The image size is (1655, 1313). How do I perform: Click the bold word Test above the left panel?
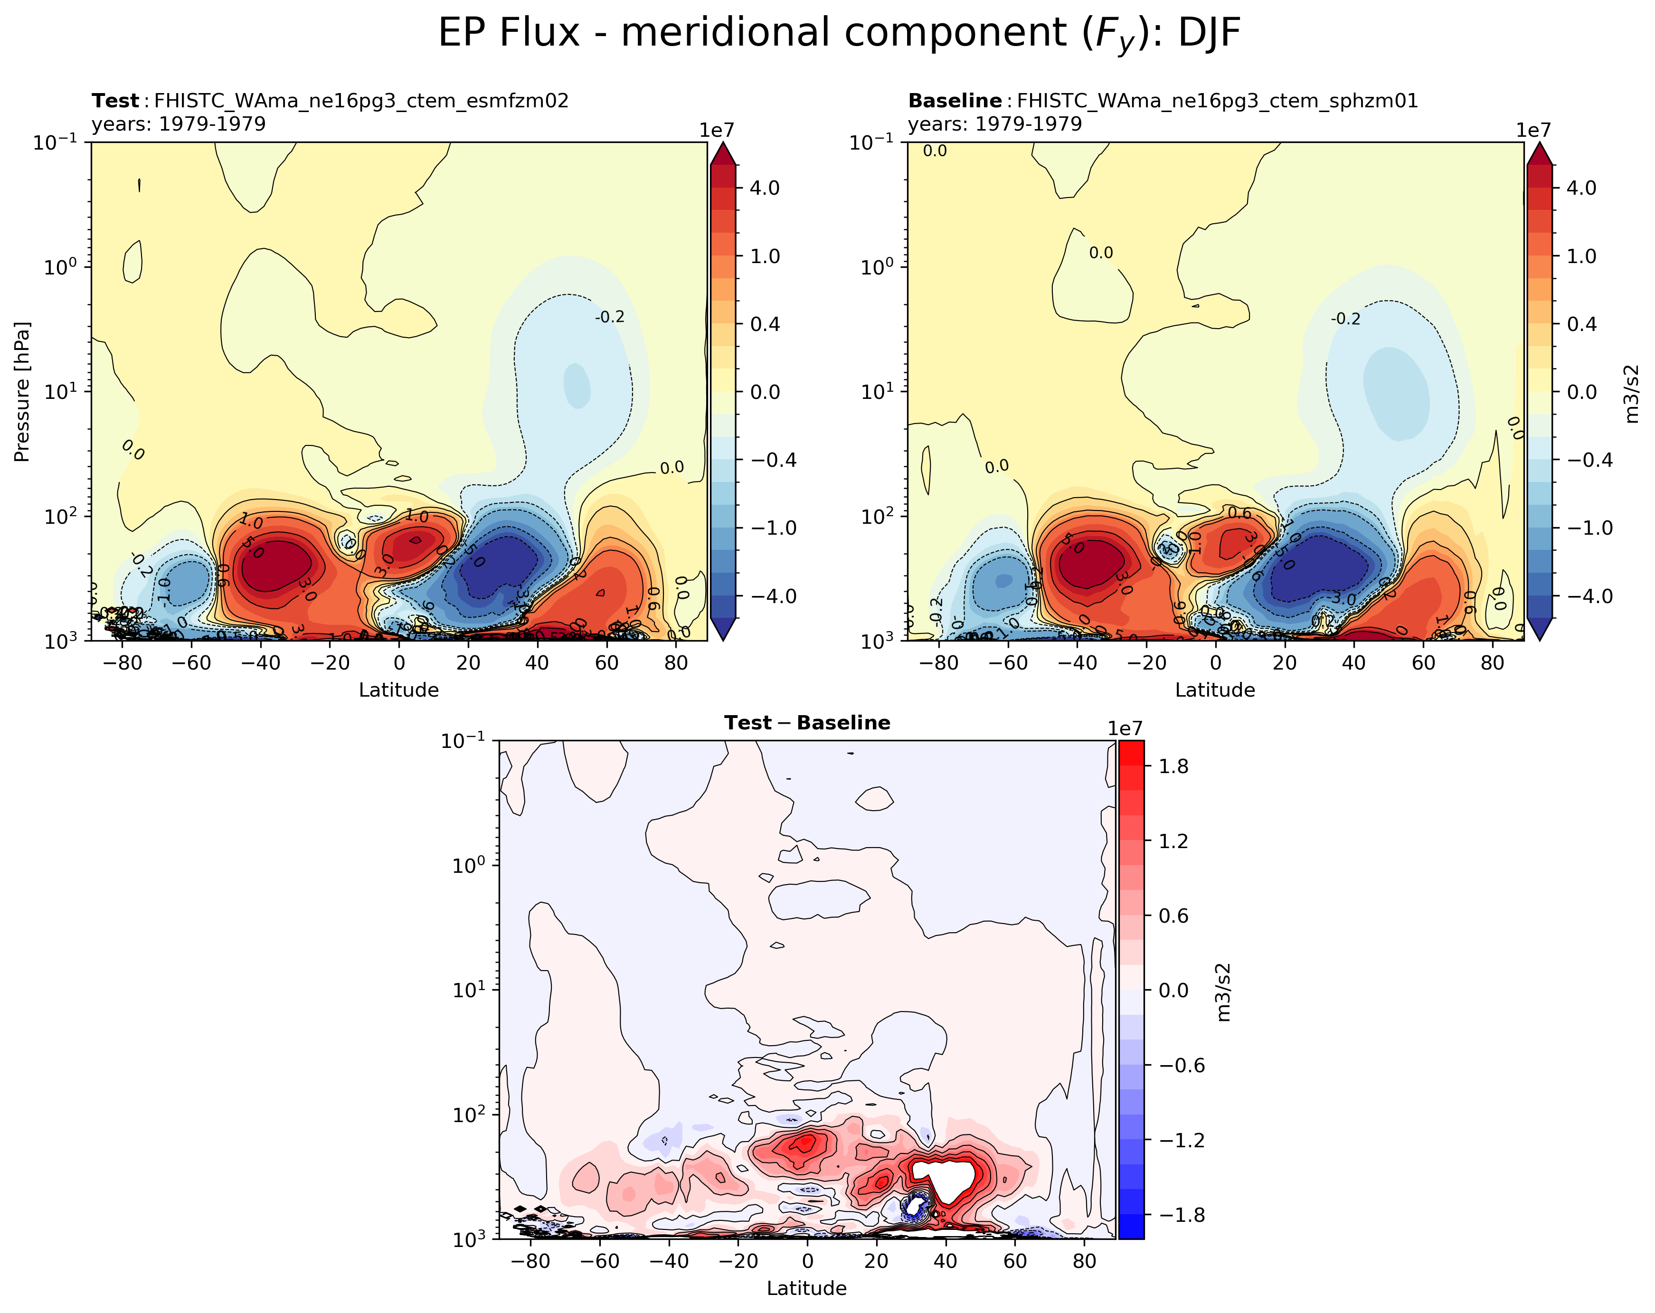[115, 101]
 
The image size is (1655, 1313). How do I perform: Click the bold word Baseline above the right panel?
[954, 101]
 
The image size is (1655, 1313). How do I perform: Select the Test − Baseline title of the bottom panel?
[807, 723]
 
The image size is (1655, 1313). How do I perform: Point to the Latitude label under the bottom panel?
[807, 1288]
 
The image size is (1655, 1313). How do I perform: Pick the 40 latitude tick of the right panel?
[1354, 662]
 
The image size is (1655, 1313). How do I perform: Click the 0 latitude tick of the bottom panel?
[807, 1261]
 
